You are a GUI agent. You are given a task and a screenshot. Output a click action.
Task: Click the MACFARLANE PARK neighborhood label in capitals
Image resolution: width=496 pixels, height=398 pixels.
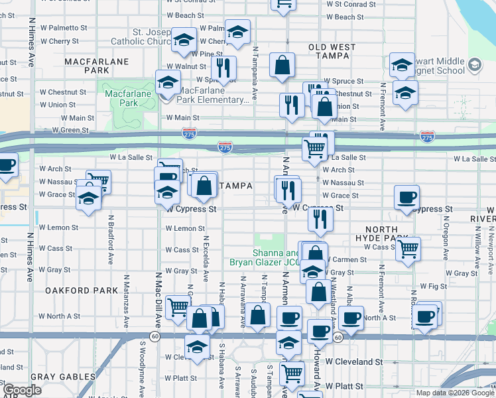87,65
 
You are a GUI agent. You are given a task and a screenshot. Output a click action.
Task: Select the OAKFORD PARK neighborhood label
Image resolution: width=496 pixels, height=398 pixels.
72,291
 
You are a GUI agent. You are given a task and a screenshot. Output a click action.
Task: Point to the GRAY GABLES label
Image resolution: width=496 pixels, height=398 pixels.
62,377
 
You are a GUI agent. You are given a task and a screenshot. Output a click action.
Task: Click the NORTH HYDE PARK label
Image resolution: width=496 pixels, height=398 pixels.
381,233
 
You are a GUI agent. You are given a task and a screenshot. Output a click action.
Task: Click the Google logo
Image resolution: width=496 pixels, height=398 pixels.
23,390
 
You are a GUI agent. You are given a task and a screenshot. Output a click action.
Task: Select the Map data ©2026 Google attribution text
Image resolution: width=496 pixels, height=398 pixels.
456,393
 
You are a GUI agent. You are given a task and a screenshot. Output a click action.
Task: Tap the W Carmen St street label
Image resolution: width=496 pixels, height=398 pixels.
347,259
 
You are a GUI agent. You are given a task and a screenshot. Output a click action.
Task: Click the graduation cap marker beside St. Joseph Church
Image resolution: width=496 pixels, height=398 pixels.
184,39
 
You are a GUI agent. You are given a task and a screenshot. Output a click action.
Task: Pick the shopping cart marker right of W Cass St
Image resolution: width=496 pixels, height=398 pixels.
409,249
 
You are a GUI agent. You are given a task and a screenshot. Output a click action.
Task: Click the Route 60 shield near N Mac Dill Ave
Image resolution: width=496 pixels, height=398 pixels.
154,337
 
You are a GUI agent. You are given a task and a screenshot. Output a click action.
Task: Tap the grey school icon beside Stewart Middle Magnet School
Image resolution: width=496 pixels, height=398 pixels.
474,65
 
